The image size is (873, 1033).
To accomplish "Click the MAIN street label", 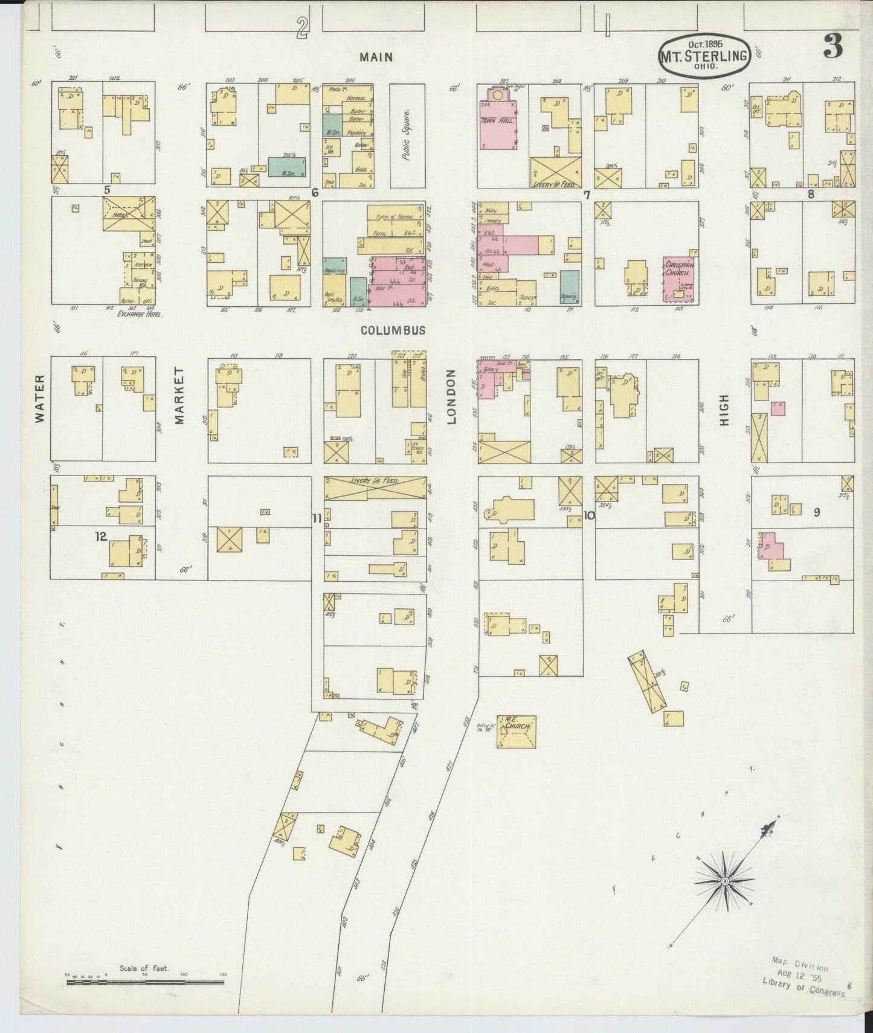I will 376,57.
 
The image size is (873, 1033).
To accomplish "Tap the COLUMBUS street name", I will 393,330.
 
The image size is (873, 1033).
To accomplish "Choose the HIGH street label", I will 724,410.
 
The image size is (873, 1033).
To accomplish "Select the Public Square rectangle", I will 407,135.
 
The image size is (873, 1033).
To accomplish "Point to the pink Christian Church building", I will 680,279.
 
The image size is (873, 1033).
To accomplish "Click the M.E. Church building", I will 517,732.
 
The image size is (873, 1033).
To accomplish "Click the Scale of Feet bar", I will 145,983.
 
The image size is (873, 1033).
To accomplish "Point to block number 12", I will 100,536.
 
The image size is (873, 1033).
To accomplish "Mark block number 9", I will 816,512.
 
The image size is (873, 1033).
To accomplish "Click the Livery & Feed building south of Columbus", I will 375,487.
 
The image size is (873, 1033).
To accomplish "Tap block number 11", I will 317,518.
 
